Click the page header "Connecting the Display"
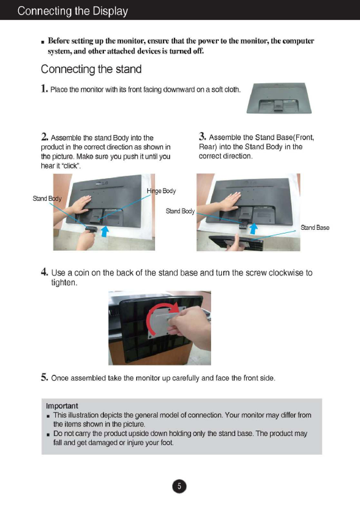tap(72, 11)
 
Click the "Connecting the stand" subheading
tap(91, 69)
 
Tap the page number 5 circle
tap(179, 486)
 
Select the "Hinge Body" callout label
tap(161, 191)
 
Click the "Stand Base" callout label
tap(315, 227)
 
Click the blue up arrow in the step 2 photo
tap(105, 232)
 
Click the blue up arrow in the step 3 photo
tap(253, 229)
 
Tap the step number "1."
tap(44, 88)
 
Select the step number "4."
tap(44, 272)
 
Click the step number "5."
tap(44, 377)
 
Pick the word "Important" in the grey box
tap(62, 406)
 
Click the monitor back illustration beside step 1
tap(279, 98)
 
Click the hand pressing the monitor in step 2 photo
tap(80, 204)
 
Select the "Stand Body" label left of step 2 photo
tap(47, 198)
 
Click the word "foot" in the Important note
tap(167, 443)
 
